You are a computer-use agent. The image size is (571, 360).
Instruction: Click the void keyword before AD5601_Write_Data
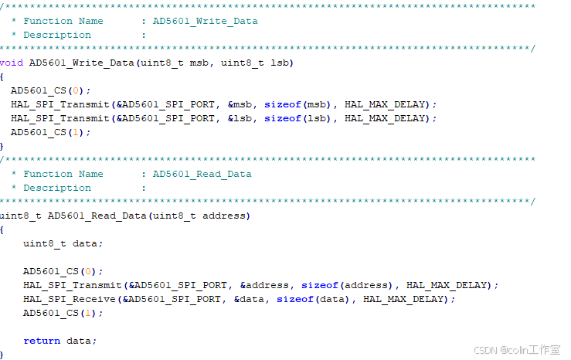(11, 63)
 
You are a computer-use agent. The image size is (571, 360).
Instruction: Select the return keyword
(42, 341)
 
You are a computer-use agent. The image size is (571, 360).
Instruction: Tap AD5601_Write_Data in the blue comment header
(206, 21)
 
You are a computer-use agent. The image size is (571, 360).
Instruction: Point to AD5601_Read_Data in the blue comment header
(202, 174)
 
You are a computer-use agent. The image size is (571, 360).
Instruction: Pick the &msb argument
(243, 104)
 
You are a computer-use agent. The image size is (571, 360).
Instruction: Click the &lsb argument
(243, 118)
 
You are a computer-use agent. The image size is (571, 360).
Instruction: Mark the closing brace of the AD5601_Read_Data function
(2, 355)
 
